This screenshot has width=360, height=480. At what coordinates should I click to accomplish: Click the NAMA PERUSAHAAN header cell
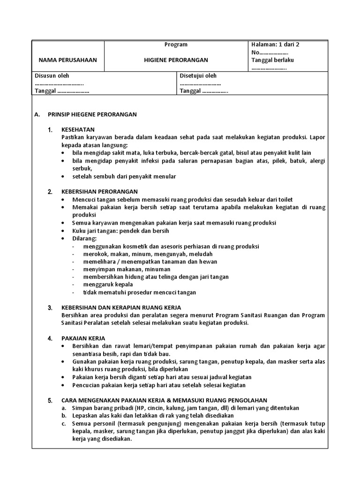[67, 60]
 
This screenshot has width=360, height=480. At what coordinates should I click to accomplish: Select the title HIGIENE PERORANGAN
[176, 60]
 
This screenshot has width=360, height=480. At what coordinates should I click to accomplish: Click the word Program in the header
[176, 45]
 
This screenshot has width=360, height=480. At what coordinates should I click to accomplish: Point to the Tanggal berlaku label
[273, 60]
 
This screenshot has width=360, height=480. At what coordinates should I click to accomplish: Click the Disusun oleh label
[52, 76]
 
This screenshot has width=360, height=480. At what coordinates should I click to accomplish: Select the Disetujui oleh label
[198, 76]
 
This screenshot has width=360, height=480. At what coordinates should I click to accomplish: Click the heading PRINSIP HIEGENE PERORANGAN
[92, 114]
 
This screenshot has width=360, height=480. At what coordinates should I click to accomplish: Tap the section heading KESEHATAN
[78, 130]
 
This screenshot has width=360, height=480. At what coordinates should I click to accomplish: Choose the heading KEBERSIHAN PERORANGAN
[99, 192]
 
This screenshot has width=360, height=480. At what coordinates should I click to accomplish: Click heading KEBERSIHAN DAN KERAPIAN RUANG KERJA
[118, 308]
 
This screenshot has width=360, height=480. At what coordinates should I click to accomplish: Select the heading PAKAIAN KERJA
[83, 338]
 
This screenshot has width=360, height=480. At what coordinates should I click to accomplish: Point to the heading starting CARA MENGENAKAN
[164, 400]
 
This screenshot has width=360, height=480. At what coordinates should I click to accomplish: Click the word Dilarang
[84, 239]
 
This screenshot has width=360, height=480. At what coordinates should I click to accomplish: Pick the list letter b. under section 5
[64, 416]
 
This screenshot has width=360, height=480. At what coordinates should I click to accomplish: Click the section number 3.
[50, 308]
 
